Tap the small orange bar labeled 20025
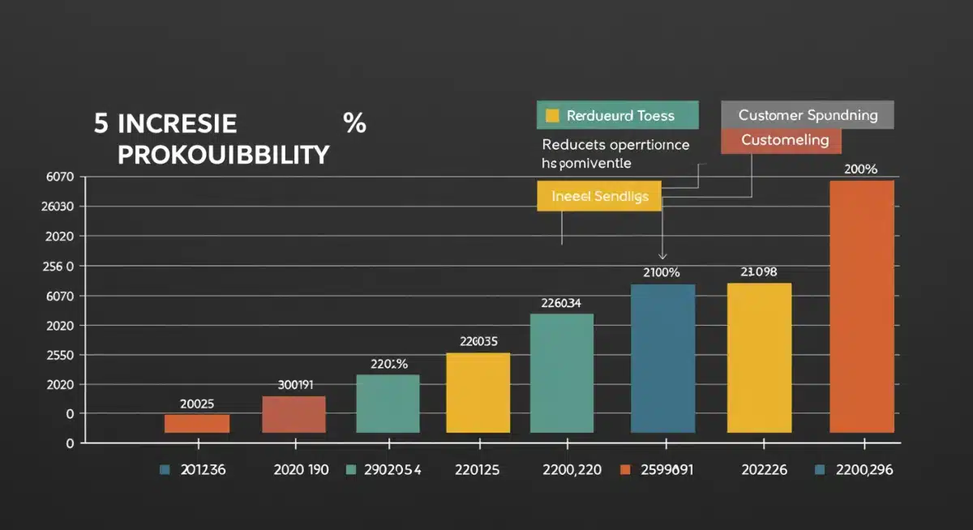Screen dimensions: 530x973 pos(197,423)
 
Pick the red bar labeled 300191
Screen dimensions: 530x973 pos(294,414)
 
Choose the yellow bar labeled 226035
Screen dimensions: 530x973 pos(478,392)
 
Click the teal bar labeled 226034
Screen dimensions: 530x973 pos(561,373)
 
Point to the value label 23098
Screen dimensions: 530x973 pos(758,272)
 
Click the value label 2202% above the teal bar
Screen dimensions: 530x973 pos(388,364)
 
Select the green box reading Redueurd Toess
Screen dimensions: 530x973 pos(617,115)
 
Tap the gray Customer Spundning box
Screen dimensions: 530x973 pos(807,115)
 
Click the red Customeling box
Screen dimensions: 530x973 pos(780,140)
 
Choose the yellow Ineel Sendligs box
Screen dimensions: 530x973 pos(599,197)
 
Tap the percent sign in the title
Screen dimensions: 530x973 pos(354,124)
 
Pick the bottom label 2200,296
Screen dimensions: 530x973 pos(864,470)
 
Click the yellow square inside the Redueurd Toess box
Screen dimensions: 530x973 pos(553,115)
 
